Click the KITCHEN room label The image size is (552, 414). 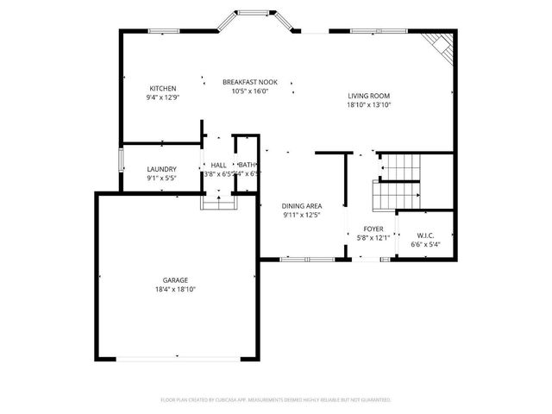point(163,89)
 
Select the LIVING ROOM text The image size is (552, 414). point(369,96)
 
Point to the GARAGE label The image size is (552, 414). point(175,280)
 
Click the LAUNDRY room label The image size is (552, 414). point(161,169)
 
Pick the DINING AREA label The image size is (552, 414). point(302,205)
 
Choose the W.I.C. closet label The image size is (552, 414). point(424,235)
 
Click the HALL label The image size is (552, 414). point(218,165)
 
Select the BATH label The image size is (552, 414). point(247,165)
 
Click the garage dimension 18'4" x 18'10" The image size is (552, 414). point(175,290)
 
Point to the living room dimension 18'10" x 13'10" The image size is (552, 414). point(369,105)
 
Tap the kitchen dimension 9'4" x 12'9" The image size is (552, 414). point(163,98)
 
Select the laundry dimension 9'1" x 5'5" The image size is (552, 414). point(161,179)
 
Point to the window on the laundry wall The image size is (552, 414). point(120,164)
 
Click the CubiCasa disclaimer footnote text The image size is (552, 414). point(276,400)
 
